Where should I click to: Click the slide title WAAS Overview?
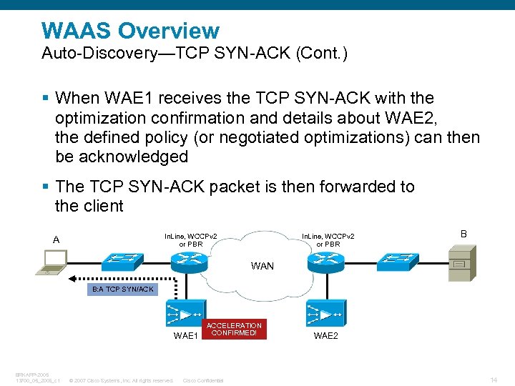(130, 31)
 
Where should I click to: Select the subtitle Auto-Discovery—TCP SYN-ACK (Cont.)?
(195, 54)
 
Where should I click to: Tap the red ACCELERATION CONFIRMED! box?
(234, 330)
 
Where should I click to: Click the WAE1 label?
(185, 335)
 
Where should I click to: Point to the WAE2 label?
(325, 335)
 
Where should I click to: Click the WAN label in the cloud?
(262, 266)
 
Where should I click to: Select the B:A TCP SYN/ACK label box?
(122, 289)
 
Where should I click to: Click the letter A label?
(57, 239)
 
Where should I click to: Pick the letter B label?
(463, 234)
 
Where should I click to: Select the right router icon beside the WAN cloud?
(323, 262)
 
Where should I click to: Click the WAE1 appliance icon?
(183, 312)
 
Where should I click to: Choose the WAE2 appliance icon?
(323, 312)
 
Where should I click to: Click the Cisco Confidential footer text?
(203, 380)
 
